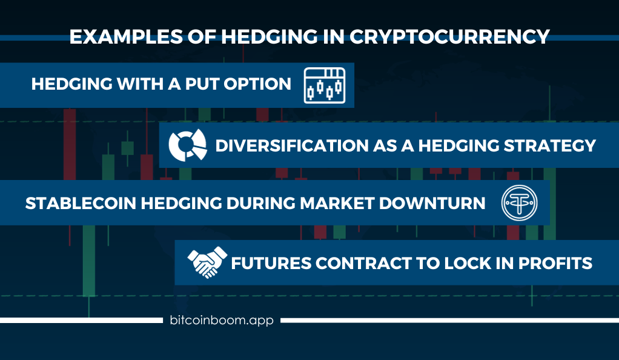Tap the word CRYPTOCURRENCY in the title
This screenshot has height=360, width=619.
tap(449, 37)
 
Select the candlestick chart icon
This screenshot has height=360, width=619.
tap(325, 85)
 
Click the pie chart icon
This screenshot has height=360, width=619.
tap(188, 145)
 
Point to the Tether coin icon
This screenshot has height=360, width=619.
tap(519, 202)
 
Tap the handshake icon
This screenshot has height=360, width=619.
tap(207, 262)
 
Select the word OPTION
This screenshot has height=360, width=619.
tap(257, 84)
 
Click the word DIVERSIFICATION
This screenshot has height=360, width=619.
tap(292, 146)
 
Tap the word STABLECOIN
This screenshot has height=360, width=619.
tap(81, 204)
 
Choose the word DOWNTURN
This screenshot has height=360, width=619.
tap(432, 204)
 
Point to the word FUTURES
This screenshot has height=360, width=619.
tap(271, 264)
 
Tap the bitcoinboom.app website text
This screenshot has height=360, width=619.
tap(222, 320)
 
